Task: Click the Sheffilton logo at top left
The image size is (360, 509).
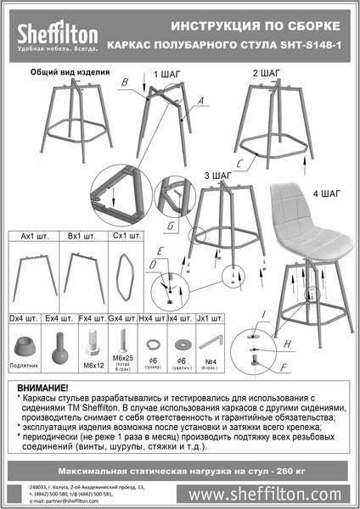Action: [x=54, y=34]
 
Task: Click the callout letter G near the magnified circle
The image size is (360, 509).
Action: [x=170, y=227]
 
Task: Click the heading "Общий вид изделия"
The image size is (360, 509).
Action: [x=59, y=73]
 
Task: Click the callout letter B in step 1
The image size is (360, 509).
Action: [x=124, y=82]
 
